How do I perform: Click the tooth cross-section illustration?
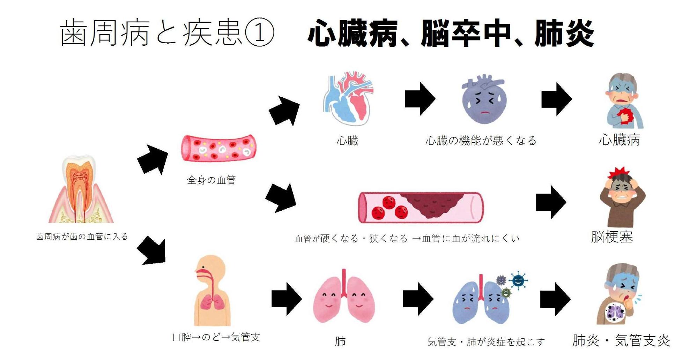(x=81, y=190)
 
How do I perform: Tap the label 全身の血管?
(x=211, y=180)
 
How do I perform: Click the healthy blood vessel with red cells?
(x=218, y=148)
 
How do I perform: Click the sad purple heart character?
(x=484, y=99)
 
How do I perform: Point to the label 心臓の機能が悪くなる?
(x=481, y=141)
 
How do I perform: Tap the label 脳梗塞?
(x=611, y=237)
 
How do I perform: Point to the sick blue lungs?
(x=481, y=302)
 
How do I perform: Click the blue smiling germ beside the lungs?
(x=518, y=280)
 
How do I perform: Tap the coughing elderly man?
(x=623, y=295)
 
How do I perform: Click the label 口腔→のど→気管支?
(x=216, y=337)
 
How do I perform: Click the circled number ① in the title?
(x=259, y=33)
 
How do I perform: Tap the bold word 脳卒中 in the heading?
(x=466, y=33)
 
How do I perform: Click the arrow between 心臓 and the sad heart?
(x=420, y=99)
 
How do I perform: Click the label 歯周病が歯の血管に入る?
(x=82, y=237)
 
